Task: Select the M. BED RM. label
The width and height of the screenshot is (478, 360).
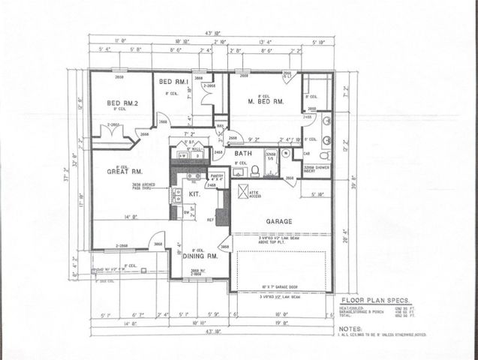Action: [x=266, y=100]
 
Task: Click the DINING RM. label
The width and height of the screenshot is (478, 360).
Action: [x=200, y=256]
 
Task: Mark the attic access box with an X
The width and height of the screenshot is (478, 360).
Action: [x=243, y=193]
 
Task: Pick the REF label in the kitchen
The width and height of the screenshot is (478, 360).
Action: [x=212, y=220]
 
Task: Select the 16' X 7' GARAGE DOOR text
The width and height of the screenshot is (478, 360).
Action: [x=282, y=287]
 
